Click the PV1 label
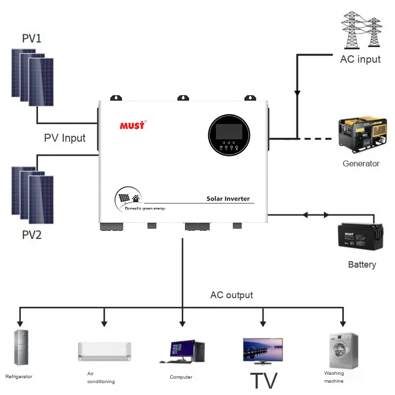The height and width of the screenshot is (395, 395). pos(32,39)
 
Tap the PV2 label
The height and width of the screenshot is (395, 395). pos(32,235)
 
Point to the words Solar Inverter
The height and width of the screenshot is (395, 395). pos(228,199)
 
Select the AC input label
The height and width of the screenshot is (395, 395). pos(360,59)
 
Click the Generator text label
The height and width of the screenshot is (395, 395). pos(361,163)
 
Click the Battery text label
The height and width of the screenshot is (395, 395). pos(362,265)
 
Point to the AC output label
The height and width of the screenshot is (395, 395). pos(232,295)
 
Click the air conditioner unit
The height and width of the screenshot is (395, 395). pos(105,351)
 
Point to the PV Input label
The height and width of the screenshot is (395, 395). pos(65,138)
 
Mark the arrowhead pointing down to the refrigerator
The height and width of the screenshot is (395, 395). pos(20,323)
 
